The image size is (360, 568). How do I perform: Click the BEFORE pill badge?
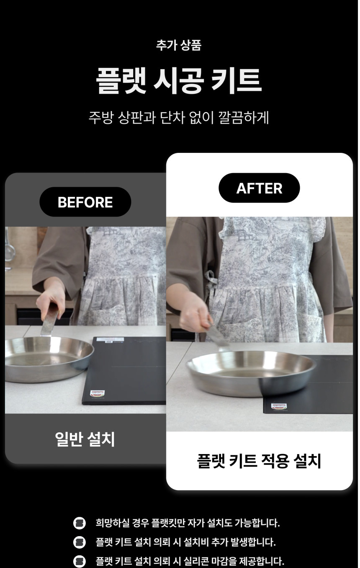coord(85,202)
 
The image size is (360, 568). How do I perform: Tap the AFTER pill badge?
coord(259,188)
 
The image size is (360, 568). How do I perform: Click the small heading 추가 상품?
coord(179,45)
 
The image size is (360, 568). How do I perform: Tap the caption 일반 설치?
coord(85,439)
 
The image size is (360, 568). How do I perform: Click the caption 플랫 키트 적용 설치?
coord(259,461)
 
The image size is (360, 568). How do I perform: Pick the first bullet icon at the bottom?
coord(79,523)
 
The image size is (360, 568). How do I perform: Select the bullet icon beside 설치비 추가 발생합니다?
coord(79,542)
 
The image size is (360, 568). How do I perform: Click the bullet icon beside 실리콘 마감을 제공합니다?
coord(79,561)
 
